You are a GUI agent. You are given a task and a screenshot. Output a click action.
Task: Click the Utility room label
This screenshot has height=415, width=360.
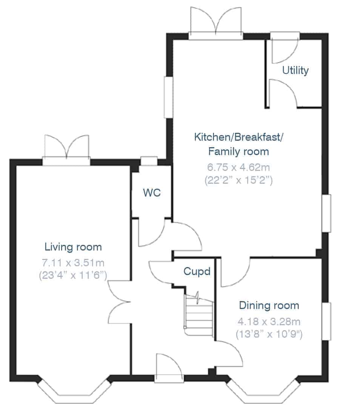tap(295, 71)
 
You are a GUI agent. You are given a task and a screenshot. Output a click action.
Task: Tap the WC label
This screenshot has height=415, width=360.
tap(152, 193)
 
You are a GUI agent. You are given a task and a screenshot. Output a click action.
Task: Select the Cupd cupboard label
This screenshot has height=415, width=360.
tap(197, 272)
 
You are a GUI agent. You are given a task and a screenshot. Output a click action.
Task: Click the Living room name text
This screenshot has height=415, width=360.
tap(73, 247)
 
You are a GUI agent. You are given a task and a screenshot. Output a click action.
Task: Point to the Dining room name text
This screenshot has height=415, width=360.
tap(269, 306)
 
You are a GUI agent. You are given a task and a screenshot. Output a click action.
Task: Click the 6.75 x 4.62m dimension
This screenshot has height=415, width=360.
tap(238, 167)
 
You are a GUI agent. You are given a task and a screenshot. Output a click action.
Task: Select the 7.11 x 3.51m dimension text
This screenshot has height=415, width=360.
tap(73, 263)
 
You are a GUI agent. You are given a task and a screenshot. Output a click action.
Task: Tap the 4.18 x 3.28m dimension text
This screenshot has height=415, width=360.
tap(269, 321)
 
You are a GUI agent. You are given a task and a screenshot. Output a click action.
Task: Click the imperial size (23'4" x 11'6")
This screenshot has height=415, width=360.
tap(73, 275)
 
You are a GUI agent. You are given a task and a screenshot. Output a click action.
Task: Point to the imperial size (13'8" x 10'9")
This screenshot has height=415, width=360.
tap(269, 334)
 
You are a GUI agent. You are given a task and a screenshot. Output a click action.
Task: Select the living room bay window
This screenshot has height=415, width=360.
tap(74, 392)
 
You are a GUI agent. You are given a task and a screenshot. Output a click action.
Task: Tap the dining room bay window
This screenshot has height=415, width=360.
tap(263, 392)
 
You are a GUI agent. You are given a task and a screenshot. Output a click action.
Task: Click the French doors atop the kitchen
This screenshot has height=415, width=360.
tap(216, 23)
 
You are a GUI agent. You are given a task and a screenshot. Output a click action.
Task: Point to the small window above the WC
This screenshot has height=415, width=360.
tap(149, 161)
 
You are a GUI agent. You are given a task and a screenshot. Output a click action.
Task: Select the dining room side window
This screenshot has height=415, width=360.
tap(326, 321)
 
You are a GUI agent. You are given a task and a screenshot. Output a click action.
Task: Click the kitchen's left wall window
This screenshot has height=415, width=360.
tap(168, 97)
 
